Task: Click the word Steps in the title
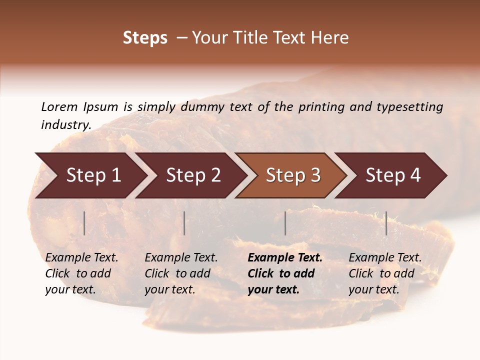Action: click(145, 38)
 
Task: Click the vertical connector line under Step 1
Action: click(84, 223)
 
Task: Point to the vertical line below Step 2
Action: click(184, 223)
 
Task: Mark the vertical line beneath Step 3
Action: click(285, 223)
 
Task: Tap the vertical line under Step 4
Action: click(386, 223)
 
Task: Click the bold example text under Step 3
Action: click(285, 273)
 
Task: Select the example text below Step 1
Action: click(81, 273)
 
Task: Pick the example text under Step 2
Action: click(181, 273)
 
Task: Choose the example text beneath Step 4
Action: click(385, 273)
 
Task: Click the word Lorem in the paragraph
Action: click(59, 106)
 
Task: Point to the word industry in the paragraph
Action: click(65, 124)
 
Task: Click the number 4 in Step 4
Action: click(415, 175)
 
